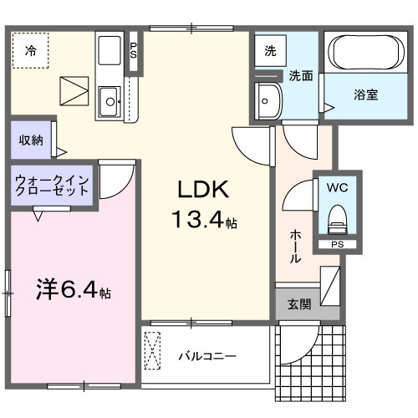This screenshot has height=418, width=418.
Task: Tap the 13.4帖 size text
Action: (x=204, y=222)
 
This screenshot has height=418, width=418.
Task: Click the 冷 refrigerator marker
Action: (x=30, y=50)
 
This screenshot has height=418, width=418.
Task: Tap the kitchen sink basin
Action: (x=110, y=104)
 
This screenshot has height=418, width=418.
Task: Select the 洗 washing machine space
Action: (x=269, y=50)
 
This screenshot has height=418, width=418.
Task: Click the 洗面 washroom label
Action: (x=301, y=75)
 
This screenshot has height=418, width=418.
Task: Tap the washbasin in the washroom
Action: (x=269, y=102)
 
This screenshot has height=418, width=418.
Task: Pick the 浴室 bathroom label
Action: (x=364, y=94)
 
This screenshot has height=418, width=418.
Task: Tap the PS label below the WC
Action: (x=337, y=245)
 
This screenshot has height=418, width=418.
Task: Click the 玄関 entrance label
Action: (x=299, y=305)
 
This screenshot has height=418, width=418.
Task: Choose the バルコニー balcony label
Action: (x=206, y=356)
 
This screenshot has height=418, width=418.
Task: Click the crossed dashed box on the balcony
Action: (x=153, y=352)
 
